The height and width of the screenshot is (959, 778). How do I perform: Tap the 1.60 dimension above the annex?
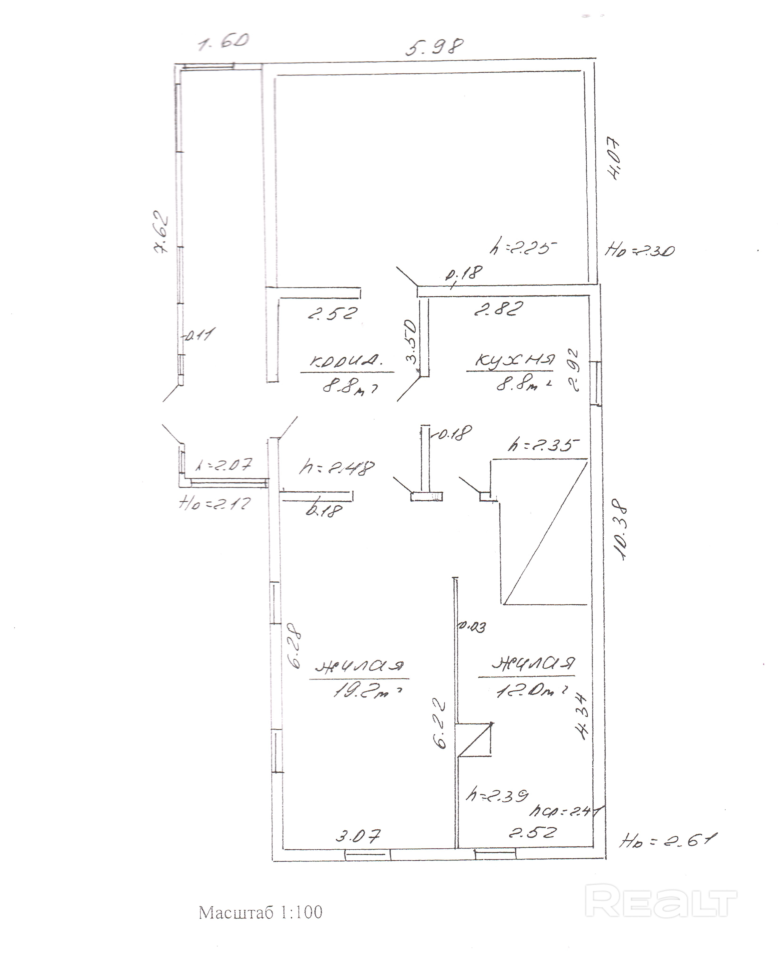(x=223, y=43)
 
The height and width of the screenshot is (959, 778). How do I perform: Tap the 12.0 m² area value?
(x=531, y=690)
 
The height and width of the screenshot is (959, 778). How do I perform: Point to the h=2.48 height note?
(x=336, y=468)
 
